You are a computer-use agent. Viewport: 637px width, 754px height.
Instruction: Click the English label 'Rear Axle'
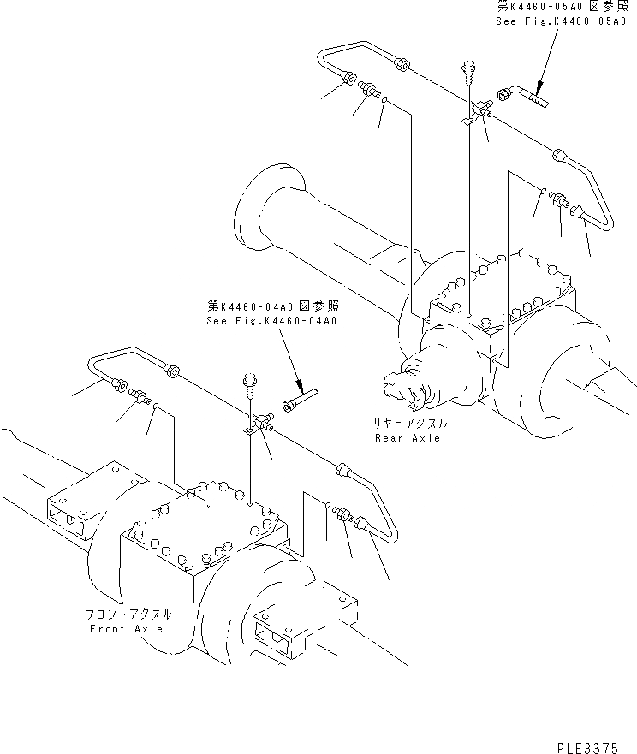coord(408,438)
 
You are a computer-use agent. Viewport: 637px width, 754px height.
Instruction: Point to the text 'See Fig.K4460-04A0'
coord(272,321)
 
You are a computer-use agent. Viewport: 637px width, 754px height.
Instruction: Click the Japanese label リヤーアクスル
coord(409,424)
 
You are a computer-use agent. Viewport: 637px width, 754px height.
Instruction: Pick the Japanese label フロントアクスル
coord(128,614)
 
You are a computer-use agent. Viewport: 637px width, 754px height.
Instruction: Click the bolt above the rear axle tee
coord(468,68)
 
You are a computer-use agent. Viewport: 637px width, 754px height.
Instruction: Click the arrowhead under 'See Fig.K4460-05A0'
coord(537,86)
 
